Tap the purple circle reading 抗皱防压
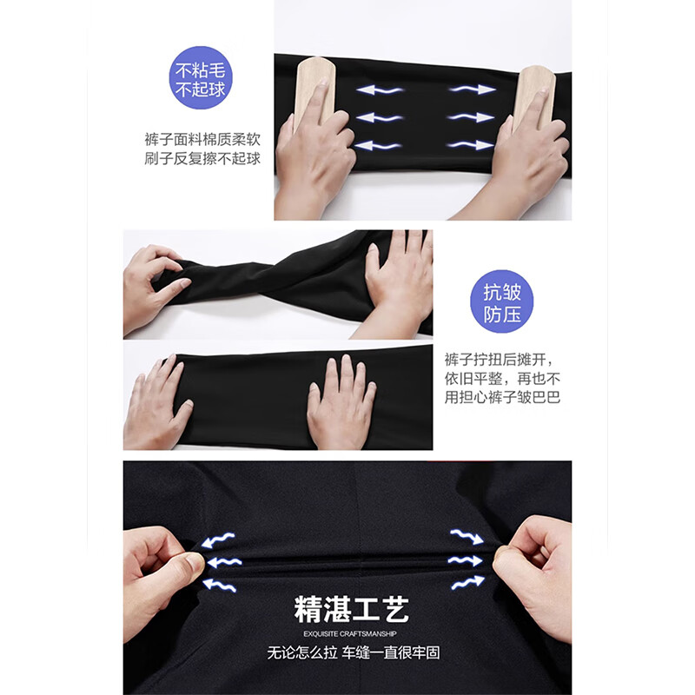[x=501, y=301]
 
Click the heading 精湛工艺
[x=351, y=611]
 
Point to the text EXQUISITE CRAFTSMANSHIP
[x=351, y=632]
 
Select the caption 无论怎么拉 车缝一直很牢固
[x=351, y=652]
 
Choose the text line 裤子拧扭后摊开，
[x=498, y=360]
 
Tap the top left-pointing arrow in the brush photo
[x=380, y=89]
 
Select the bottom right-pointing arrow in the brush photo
[x=472, y=145]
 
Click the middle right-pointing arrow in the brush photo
[x=472, y=117]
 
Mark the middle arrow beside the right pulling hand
[x=465, y=561]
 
